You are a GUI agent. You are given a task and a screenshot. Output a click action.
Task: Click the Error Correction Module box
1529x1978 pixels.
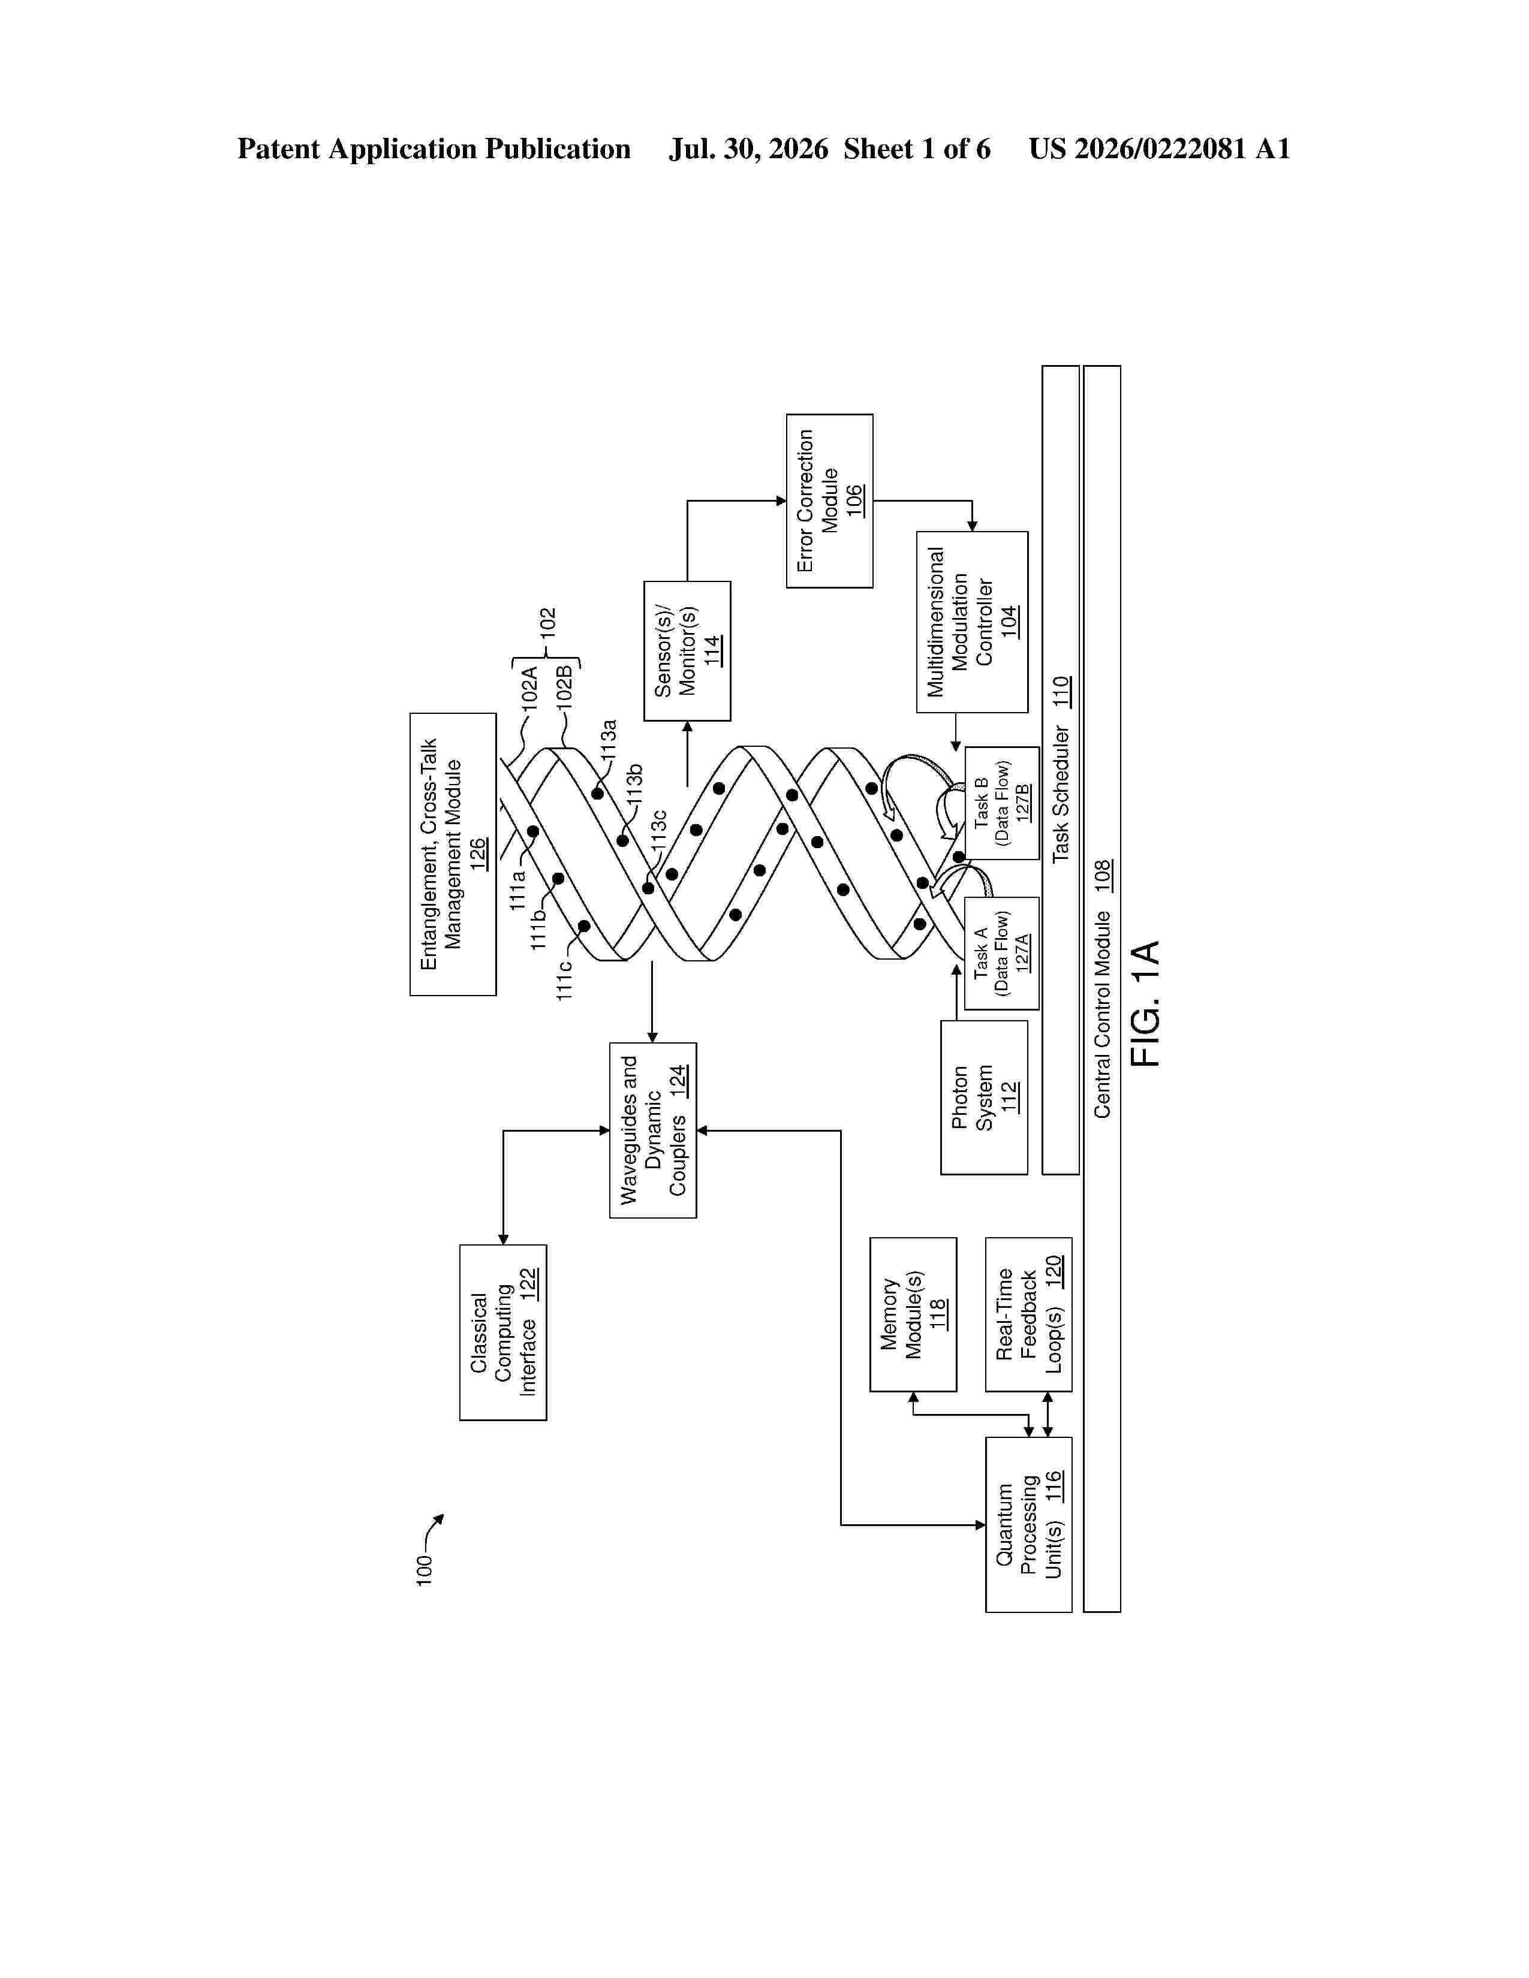pos(830,501)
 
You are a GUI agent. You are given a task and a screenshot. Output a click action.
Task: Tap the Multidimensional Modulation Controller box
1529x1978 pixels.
pos(972,622)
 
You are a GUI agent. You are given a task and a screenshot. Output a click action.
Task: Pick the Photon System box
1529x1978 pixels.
pos(985,1097)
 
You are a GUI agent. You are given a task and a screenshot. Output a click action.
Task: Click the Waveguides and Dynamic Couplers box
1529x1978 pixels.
pos(653,1130)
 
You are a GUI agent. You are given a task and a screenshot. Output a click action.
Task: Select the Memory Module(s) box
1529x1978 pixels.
pos(913,1314)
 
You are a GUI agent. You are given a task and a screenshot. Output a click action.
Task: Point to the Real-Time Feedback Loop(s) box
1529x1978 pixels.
pos(1029,1314)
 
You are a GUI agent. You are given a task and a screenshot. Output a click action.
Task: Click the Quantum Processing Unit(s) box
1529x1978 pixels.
pos(1029,1524)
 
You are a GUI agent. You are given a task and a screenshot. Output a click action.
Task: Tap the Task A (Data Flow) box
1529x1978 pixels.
pos(1002,953)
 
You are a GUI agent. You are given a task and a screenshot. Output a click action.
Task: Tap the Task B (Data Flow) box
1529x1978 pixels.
pos(1002,803)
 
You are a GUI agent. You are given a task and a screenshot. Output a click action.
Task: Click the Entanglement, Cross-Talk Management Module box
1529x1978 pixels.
pos(453,854)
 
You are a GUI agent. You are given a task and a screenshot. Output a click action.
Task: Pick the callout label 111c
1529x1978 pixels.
pos(564,980)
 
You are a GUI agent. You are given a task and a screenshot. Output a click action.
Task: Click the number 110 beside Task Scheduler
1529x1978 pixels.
pos(1061,692)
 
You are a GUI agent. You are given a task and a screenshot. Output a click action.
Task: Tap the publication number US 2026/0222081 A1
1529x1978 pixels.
pos(1160,149)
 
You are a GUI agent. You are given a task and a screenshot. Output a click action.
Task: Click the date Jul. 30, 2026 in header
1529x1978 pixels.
pos(749,149)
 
